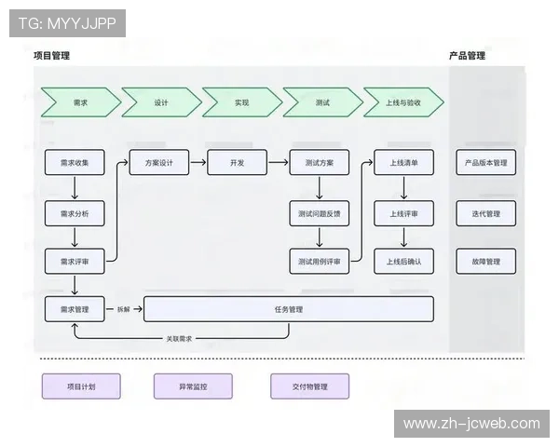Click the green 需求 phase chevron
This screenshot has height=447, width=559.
tap(80, 102)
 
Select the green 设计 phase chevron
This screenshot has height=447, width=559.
tap(161, 102)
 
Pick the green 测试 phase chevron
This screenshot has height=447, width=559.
tap(322, 102)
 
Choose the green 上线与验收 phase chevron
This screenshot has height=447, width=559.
tap(403, 102)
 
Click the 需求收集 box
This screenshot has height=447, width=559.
tap(75, 163)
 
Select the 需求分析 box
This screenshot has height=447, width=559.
tap(75, 213)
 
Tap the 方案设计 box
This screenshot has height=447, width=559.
tap(159, 163)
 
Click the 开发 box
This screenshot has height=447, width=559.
tap(237, 163)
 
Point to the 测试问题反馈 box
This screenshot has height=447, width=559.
tap(320, 213)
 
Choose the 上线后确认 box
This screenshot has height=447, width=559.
tap(403, 262)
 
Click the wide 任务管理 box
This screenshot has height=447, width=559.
tap(289, 309)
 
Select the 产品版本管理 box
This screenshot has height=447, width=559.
tap(486, 163)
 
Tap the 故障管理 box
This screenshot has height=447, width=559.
tap(486, 262)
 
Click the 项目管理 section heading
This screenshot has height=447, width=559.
tap(52, 56)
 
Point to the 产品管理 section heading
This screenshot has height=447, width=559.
tap(467, 56)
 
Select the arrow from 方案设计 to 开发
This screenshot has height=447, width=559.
tap(198, 163)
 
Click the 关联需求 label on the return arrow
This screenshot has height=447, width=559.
tap(179, 339)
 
